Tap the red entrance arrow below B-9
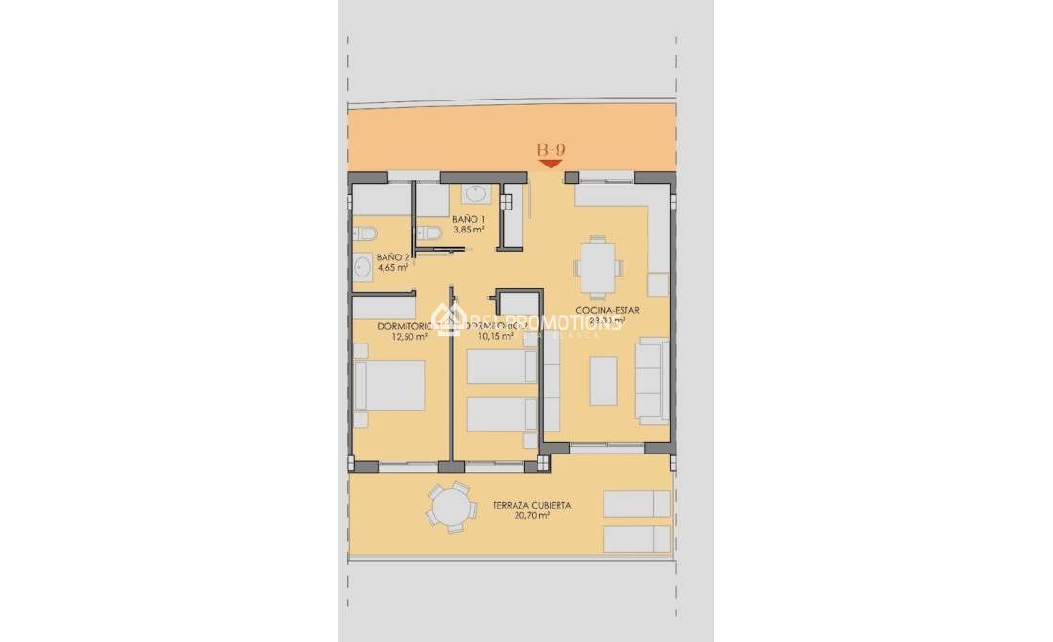coord(550,165)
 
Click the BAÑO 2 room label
coord(393,257)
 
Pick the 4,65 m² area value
coord(393,268)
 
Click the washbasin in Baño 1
coord(475,194)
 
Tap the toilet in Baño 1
coord(429,233)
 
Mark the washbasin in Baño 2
coord(363,267)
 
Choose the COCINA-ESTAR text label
coord(607,310)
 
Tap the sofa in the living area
coord(652,380)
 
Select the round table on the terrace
coord(450,506)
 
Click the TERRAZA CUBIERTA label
coord(532,505)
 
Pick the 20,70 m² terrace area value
coord(532,516)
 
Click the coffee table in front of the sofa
coord(603,380)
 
